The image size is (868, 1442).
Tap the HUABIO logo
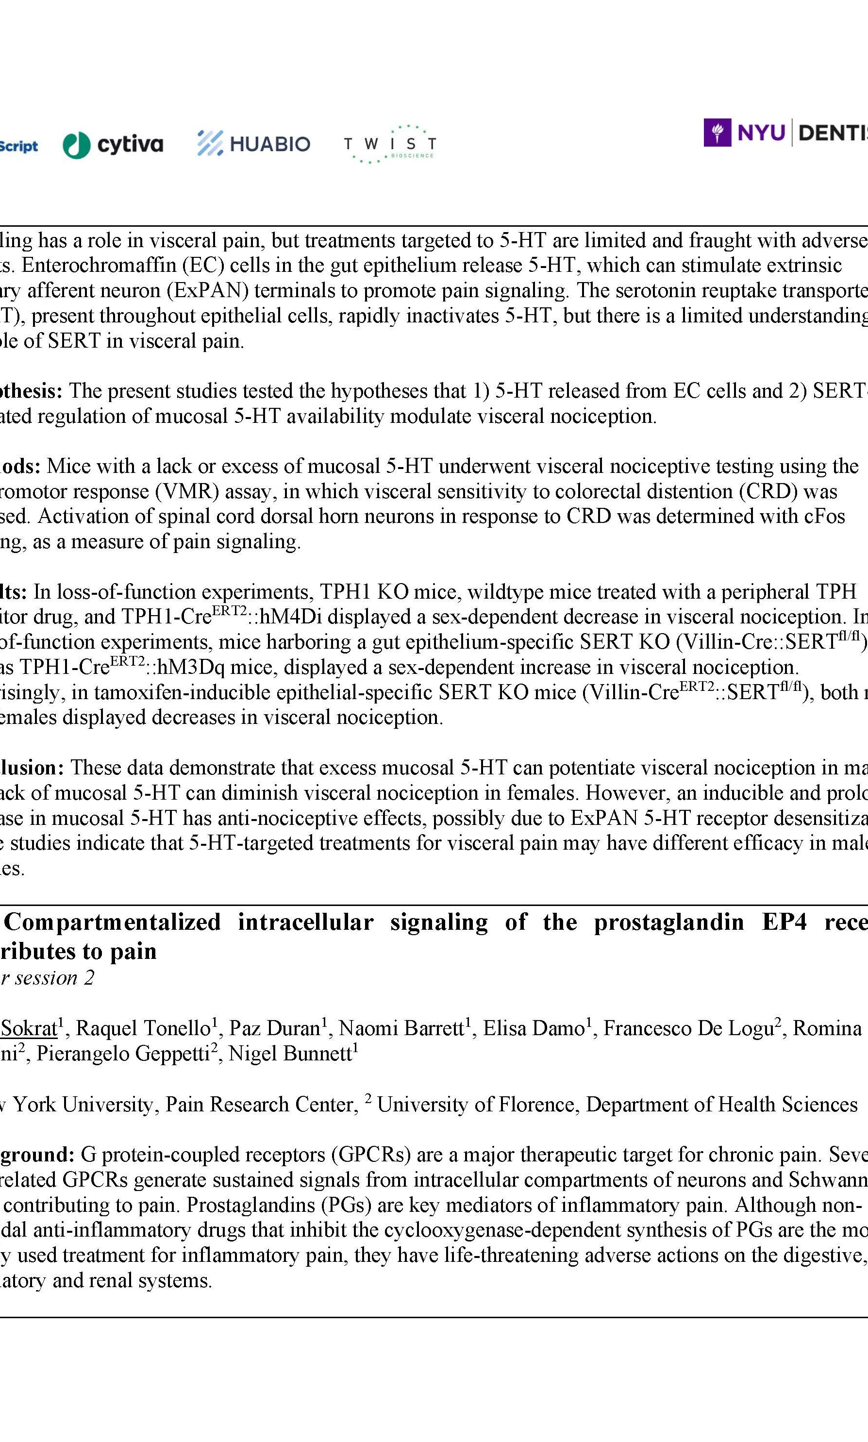pos(254,143)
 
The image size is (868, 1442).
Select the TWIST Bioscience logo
pos(389,144)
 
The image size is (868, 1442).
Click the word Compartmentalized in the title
pos(112,922)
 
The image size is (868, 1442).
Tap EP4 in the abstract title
pos(785,922)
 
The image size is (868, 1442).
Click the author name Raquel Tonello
pos(143,1028)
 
